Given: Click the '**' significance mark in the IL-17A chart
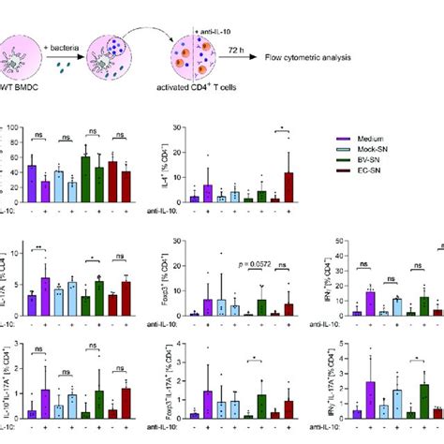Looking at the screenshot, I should click(x=37, y=246).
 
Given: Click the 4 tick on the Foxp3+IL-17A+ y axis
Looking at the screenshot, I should click(x=182, y=348).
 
